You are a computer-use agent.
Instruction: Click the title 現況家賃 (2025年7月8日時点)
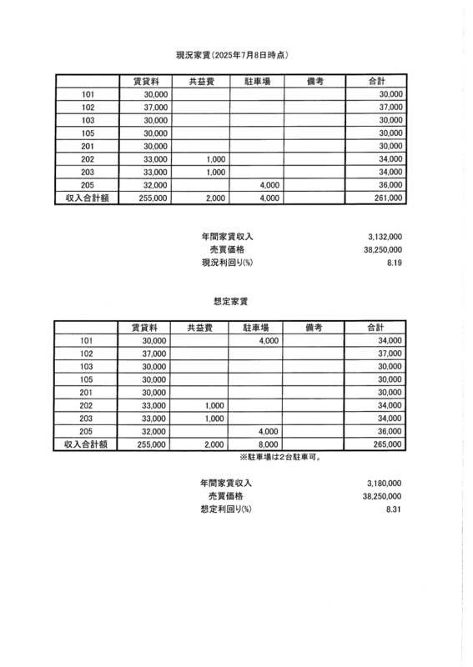pyautogui.click(x=237, y=55)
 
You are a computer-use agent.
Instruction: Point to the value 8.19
pyautogui.click(x=395, y=263)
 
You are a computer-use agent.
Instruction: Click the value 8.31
pyautogui.click(x=395, y=509)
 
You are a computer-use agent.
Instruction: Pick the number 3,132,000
pyautogui.click(x=385, y=236)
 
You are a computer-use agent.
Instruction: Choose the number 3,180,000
pyautogui.click(x=385, y=484)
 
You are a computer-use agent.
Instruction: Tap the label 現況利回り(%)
pyautogui.click(x=226, y=263)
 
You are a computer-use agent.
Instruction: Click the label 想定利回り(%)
pyautogui.click(x=226, y=509)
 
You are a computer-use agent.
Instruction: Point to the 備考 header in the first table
pyautogui.click(x=314, y=82)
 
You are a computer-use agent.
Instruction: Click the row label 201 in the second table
pyautogui.click(x=87, y=393)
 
